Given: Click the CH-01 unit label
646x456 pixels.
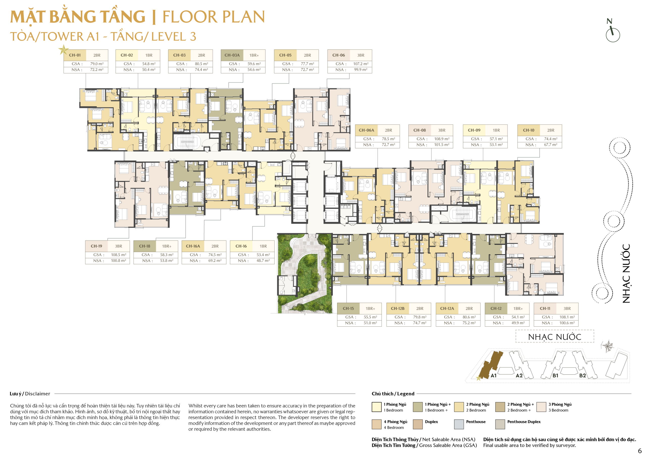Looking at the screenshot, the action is click(75, 55).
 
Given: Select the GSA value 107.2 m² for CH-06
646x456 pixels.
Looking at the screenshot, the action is click(361, 64).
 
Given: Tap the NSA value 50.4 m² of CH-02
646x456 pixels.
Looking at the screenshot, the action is click(149, 69).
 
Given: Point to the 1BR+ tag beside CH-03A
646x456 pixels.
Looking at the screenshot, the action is click(254, 55).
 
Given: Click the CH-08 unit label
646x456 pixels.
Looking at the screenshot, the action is click(419, 130).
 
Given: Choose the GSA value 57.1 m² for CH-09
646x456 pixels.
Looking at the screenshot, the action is click(496, 139).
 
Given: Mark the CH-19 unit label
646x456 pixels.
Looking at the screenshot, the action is click(96, 246).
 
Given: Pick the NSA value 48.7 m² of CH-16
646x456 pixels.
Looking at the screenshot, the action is click(263, 261).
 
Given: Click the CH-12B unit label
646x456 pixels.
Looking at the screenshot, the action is click(397, 309).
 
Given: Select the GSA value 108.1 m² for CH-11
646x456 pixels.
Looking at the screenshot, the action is click(567, 317).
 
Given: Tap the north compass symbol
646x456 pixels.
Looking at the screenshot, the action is click(612, 31).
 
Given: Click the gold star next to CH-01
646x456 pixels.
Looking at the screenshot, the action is click(64, 50).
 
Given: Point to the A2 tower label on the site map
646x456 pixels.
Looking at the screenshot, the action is click(519, 376).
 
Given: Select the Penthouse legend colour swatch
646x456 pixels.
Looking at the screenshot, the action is click(459, 424).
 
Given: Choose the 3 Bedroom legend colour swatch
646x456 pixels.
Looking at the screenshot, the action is click(541, 407).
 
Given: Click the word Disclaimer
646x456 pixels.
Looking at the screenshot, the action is click(37, 394).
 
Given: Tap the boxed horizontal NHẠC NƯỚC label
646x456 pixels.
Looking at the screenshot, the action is click(555, 337).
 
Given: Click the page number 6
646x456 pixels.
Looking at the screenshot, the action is click(639, 451).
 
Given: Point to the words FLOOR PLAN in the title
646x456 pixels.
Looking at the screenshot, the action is click(214, 17).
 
